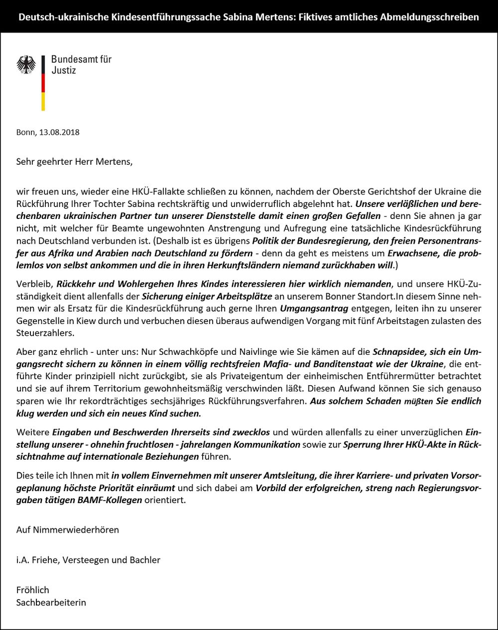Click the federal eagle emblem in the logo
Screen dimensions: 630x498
(x=26, y=65)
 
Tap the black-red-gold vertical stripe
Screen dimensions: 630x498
(x=43, y=83)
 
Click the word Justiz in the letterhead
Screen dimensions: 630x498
(x=64, y=71)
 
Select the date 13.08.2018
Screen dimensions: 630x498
(x=59, y=132)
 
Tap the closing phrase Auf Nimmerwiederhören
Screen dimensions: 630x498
(x=68, y=529)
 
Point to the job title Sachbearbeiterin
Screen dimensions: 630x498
(x=51, y=602)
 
